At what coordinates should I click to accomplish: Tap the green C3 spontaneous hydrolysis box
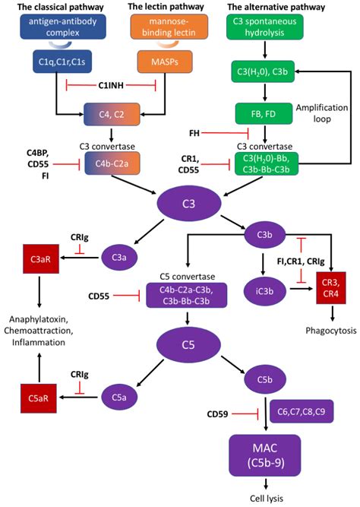click(x=264, y=28)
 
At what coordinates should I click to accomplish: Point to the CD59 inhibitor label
click(x=219, y=414)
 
